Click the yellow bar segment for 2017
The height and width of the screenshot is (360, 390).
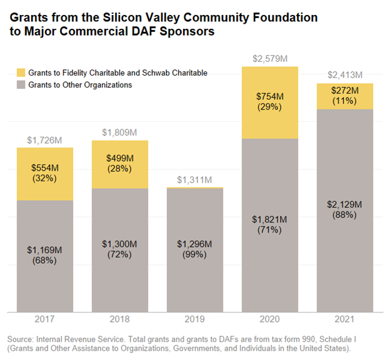(45, 174)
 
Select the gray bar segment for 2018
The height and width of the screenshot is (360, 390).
(120, 250)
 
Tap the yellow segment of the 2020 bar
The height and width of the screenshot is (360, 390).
(270, 102)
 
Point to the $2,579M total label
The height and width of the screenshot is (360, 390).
(270, 59)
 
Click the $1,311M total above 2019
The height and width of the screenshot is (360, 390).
(195, 180)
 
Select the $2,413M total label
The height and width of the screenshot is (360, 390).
(345, 76)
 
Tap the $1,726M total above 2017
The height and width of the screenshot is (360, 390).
(45, 140)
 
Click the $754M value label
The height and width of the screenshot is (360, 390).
(270, 96)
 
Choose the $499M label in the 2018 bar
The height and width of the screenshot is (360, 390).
(120, 158)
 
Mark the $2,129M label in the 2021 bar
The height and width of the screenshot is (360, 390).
(345, 204)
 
